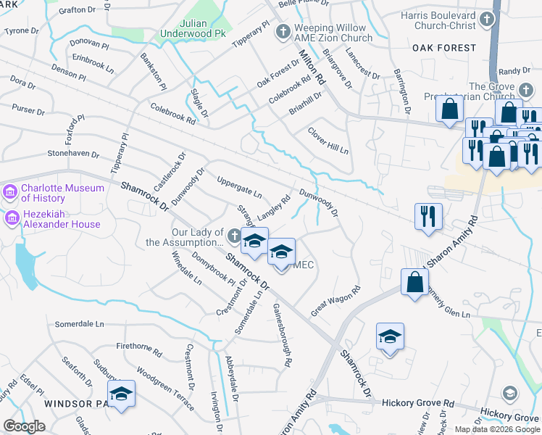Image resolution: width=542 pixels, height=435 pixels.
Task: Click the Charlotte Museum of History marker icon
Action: pos(11,193)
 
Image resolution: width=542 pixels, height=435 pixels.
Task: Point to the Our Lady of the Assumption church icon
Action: pos(234,236)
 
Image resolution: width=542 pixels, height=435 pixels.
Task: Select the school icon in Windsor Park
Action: pos(121,394)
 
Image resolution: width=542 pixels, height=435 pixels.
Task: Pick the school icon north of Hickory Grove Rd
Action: pos(390,337)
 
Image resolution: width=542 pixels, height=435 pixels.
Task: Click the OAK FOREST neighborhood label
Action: pos(445,48)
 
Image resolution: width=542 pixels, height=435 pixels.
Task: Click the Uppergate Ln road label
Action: pos(240,186)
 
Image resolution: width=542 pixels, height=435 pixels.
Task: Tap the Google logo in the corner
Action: pos(24,426)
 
